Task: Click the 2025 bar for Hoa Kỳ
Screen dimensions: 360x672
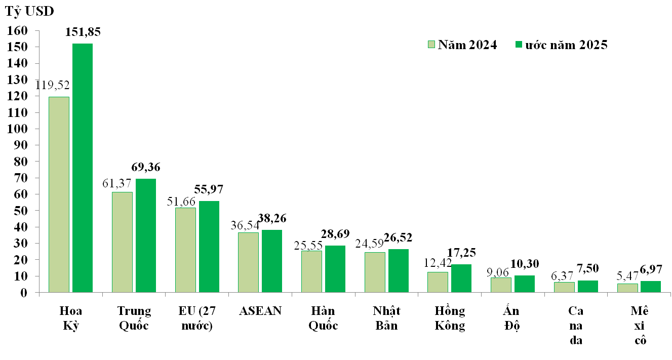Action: [x=83, y=168]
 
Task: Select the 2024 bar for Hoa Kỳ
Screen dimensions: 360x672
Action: [x=59, y=194]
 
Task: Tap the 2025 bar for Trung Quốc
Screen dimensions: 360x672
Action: [x=146, y=235]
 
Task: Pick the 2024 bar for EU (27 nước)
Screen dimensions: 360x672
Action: [x=185, y=250]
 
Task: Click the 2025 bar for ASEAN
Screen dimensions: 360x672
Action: [x=272, y=261]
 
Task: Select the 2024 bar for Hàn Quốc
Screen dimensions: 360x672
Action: [x=311, y=271]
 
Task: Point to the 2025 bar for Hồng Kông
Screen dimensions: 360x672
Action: [x=461, y=278]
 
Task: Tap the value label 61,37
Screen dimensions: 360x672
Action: [x=117, y=182]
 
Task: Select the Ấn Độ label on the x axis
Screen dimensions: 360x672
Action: [x=512, y=317]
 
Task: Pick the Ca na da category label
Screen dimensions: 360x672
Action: [x=575, y=325]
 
